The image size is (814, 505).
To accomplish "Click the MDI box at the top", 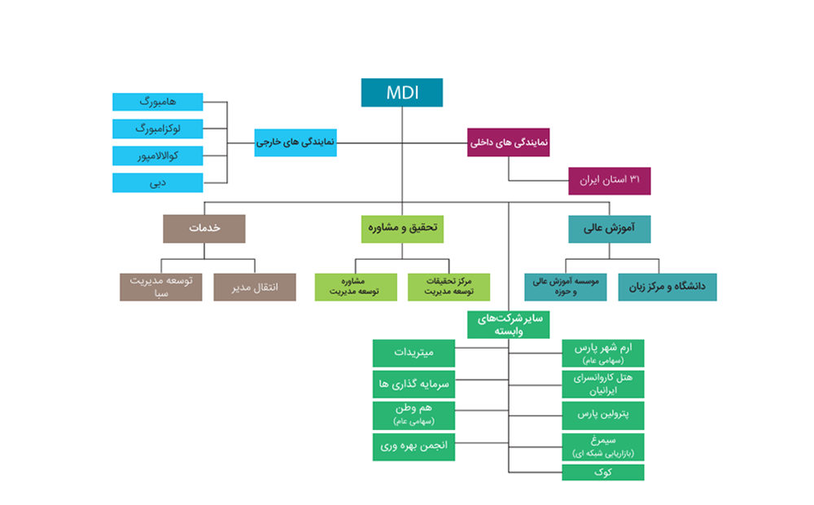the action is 402,93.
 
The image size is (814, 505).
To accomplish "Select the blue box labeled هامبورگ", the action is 157,102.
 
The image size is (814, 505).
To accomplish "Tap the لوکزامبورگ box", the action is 157,129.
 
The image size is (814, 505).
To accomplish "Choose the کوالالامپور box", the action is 157,156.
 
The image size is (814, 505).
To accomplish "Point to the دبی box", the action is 157,183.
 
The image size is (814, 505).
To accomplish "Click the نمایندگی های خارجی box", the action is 295,143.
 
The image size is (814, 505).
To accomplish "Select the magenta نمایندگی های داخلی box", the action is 508,143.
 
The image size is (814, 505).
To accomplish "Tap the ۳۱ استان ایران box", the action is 610,181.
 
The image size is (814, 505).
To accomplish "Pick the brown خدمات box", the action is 204,229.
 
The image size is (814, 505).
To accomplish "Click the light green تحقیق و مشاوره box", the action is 402,229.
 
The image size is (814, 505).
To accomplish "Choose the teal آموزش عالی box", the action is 610,229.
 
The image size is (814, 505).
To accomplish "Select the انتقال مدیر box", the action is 255,288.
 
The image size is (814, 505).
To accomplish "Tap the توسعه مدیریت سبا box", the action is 161,288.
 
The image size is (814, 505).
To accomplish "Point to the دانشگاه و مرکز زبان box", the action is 667,288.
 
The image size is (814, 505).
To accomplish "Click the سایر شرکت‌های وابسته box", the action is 508,325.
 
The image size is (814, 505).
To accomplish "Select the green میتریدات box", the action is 414,353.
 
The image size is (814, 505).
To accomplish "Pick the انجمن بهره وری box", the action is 414,447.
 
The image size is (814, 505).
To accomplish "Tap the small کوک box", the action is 602,472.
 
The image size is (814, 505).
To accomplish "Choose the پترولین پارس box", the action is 602,415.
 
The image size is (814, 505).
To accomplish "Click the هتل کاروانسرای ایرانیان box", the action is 602,384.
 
